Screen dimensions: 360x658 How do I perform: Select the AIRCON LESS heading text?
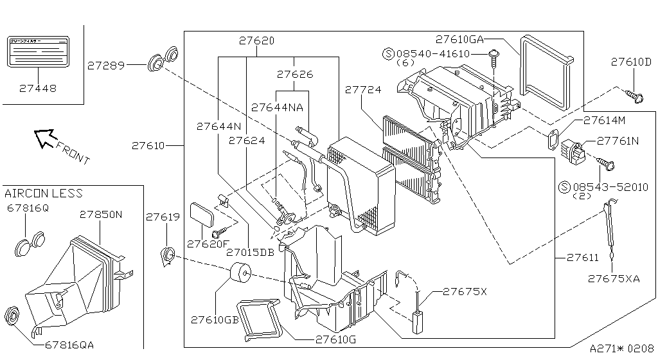44,194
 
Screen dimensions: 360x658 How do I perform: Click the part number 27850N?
100,214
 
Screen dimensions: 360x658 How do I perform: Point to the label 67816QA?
70,345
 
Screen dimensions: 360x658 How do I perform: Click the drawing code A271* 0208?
621,349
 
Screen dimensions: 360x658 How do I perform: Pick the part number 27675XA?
614,278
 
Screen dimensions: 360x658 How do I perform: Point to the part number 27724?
364,91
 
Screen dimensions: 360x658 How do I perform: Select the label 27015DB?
251,253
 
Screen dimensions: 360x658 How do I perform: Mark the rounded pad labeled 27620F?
203,215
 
